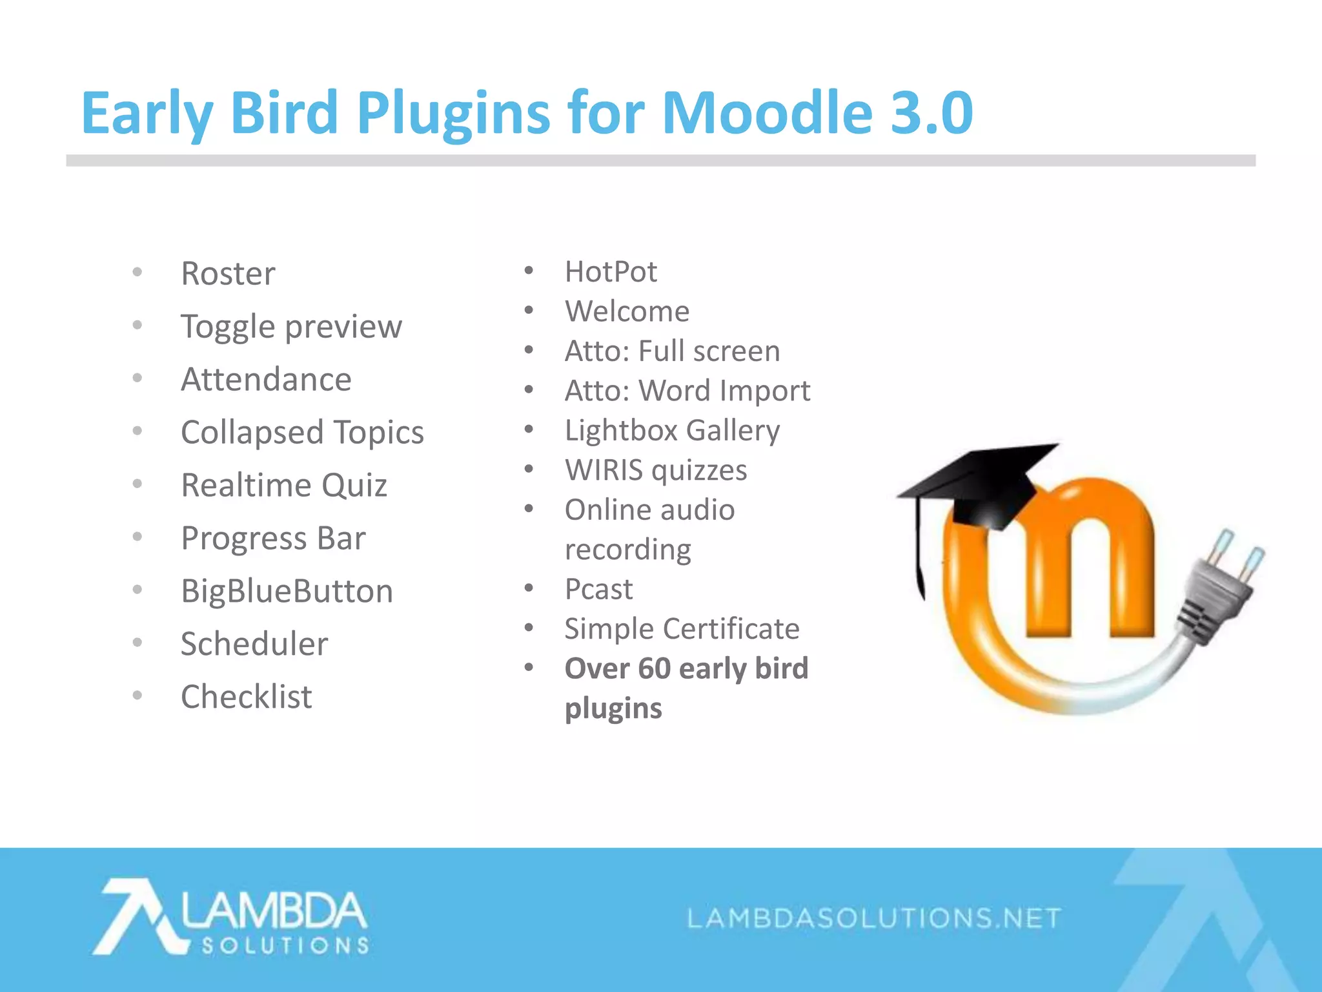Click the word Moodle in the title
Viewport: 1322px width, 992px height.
[x=767, y=113]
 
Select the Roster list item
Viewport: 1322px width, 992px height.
[x=228, y=273]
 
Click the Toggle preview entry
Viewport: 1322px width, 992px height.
[x=291, y=327]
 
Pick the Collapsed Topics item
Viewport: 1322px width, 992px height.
[x=302, y=432]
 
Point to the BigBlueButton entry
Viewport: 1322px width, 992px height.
[x=287, y=591]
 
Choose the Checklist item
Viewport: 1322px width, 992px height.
[x=246, y=697]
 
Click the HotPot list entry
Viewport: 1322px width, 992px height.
[x=611, y=272]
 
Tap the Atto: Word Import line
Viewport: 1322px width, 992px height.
[x=687, y=391]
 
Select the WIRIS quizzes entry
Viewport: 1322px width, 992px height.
[x=656, y=470]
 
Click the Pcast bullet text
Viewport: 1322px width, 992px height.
[x=598, y=589]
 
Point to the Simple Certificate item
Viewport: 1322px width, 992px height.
[x=682, y=629]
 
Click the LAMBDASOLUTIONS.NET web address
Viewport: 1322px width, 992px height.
[x=874, y=918]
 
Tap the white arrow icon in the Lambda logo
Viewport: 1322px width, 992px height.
[x=136, y=916]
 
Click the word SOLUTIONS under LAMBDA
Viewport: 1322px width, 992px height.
[x=285, y=946]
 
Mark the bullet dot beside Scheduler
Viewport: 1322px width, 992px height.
[x=137, y=643]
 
